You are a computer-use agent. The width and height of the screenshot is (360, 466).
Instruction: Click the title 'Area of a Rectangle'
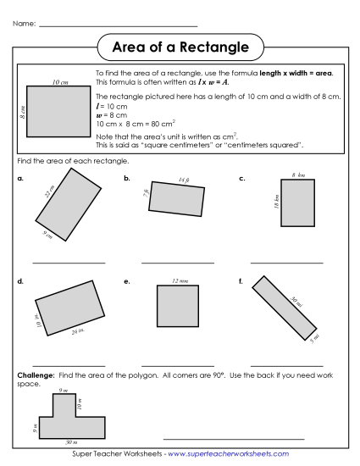point(180,46)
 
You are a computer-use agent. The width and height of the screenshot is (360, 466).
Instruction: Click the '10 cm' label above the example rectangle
point(59,82)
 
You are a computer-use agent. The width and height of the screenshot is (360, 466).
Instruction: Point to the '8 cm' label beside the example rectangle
point(22,110)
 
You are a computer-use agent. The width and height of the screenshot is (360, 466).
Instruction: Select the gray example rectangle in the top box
point(59,110)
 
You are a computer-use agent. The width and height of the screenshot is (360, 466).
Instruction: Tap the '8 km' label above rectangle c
point(298,175)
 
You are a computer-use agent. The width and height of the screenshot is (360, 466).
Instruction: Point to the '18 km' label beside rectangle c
point(276,202)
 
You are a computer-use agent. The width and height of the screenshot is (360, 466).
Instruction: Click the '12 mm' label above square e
point(179,280)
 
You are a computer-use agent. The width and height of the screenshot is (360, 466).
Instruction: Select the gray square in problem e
point(178,306)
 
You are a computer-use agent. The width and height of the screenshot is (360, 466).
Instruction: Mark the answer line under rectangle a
point(69,263)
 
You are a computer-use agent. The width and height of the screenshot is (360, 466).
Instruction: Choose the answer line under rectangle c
point(286,263)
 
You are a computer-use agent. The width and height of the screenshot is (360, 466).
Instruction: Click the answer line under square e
point(178,364)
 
